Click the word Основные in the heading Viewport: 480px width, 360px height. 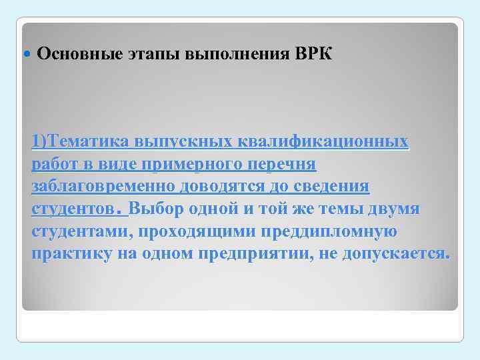point(79,54)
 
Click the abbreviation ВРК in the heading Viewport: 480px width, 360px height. point(312,54)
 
